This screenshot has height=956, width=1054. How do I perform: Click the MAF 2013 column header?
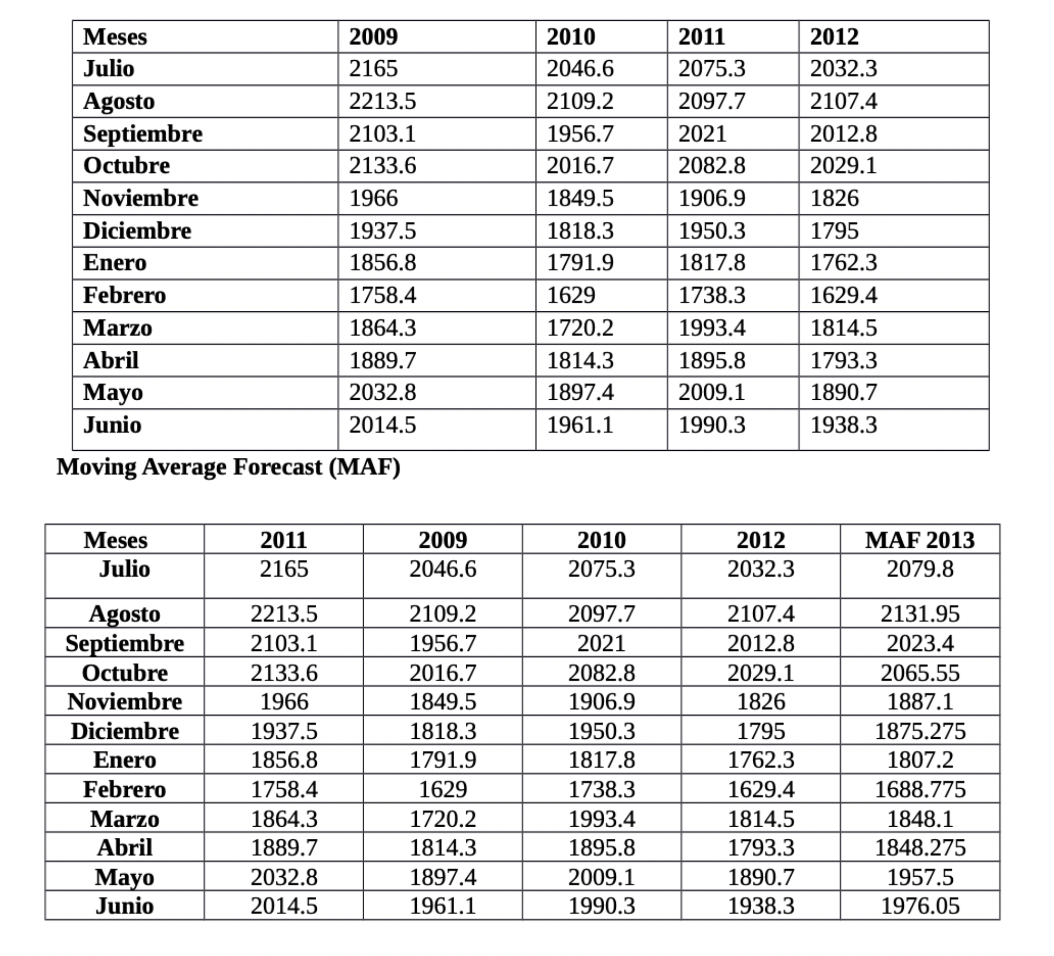coord(919,540)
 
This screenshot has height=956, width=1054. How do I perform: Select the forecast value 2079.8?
coord(919,569)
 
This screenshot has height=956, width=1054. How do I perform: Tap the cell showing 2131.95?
coord(919,614)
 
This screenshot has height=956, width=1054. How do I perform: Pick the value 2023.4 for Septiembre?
coord(919,643)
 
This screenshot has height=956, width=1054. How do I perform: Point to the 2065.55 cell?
coord(919,673)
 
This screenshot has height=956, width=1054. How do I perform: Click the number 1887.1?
coord(919,702)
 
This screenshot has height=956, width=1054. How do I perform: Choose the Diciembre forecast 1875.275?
coord(919,731)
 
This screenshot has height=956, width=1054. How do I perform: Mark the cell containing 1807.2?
coord(919,760)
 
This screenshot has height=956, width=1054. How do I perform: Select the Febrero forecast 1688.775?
coord(919,789)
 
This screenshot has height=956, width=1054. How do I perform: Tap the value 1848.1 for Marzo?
coord(919,819)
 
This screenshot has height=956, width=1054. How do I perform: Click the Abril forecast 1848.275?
coord(919,847)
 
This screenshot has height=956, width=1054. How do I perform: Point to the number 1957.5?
coord(919,877)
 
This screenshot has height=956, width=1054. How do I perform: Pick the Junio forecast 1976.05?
coord(919,906)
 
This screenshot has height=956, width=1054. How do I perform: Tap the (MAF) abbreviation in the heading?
coord(364,467)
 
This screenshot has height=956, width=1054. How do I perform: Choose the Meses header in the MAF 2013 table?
coord(116,540)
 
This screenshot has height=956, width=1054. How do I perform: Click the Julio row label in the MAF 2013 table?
coord(125,569)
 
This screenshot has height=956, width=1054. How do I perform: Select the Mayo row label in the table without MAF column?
coord(113,393)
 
